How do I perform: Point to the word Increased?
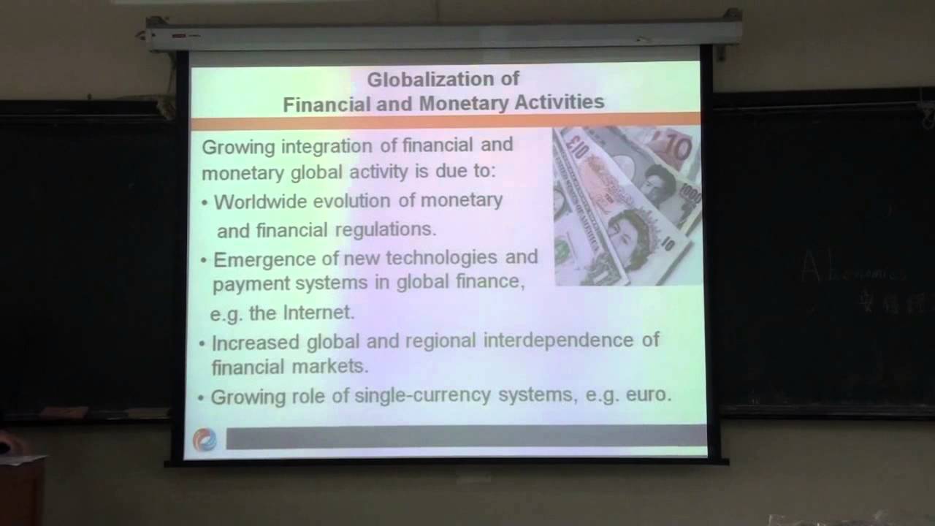pyautogui.click(x=256, y=341)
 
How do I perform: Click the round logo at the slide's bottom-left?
pyautogui.click(x=205, y=439)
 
